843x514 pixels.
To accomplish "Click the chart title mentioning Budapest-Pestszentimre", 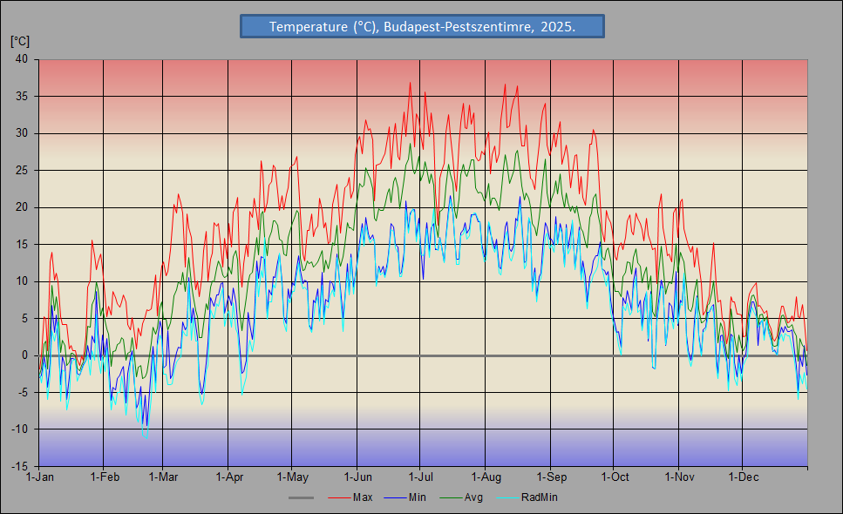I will pos(422,27).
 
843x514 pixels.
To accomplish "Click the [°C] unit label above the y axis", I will pos(20,41).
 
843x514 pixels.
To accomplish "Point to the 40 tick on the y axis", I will pos(21,59).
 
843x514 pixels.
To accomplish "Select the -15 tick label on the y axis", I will pos(18,466).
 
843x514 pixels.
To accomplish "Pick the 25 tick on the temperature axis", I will pos(21,170).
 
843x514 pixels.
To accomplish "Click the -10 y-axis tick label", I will pos(18,429).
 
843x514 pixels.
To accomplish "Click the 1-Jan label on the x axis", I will pos(40,477).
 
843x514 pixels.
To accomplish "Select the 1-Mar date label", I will pos(163,477).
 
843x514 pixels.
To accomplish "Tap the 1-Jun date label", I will pos(358,477).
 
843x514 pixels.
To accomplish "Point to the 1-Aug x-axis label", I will pos(486,477).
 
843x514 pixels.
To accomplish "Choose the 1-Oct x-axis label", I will pos(614,477).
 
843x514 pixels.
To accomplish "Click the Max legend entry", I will pos(363,497).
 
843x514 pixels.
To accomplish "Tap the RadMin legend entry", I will pos(539,497).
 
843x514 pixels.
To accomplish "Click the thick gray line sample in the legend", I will pos(302,497).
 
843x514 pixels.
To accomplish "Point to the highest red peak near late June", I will pos(410,83).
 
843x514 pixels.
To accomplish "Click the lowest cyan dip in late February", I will pos(146,430).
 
